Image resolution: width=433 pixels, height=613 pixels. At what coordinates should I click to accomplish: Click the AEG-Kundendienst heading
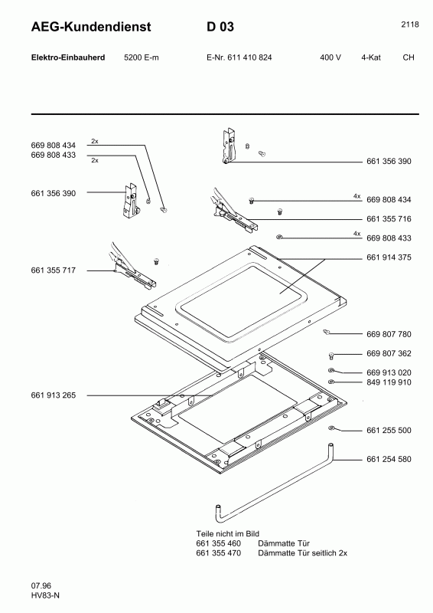91,28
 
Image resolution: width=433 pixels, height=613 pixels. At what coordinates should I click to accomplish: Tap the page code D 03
220,28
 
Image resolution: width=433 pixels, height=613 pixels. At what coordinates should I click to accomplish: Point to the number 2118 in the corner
409,25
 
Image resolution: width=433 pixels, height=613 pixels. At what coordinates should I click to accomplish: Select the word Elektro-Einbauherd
67,57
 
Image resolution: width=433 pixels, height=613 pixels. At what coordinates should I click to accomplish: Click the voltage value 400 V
330,57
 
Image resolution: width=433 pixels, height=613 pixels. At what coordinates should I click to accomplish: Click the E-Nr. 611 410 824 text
239,57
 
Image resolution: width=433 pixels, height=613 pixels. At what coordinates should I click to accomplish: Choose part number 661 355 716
389,219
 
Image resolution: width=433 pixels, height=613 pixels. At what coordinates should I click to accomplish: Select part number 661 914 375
389,257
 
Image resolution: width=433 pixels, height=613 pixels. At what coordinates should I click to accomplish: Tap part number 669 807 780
389,334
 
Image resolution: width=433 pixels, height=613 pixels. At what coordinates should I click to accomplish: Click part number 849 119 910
389,382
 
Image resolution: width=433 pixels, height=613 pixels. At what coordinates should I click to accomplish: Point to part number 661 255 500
389,430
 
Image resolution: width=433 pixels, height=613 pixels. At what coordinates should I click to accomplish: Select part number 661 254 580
389,459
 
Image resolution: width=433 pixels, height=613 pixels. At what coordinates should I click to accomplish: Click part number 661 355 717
54,270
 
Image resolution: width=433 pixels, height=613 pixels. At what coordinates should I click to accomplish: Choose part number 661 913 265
54,395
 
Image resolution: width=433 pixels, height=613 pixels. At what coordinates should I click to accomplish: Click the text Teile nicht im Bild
229,533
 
